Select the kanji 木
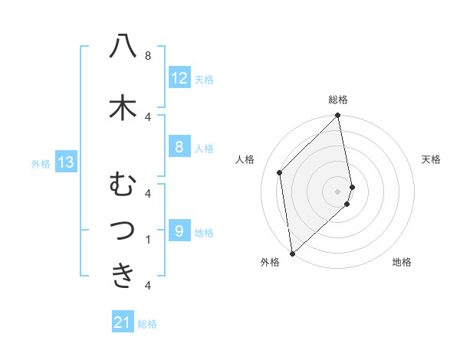[x=123, y=106]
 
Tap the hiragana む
[x=123, y=185]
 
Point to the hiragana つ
[x=123, y=230]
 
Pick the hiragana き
[x=123, y=275]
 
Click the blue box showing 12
[x=179, y=78]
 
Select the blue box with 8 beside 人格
[x=179, y=147]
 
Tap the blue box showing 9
[x=179, y=231]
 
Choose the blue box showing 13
[x=66, y=162]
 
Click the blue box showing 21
[x=123, y=323]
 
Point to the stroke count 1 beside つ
[x=148, y=239]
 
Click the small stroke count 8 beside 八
[x=148, y=56]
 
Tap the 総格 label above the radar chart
[x=338, y=100]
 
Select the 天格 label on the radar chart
[x=432, y=159]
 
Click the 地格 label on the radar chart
[x=402, y=262]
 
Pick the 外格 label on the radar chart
[x=270, y=262]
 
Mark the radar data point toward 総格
[x=338, y=116]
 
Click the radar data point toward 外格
[x=291, y=253]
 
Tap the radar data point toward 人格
[x=280, y=172]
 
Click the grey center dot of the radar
[x=338, y=191]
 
